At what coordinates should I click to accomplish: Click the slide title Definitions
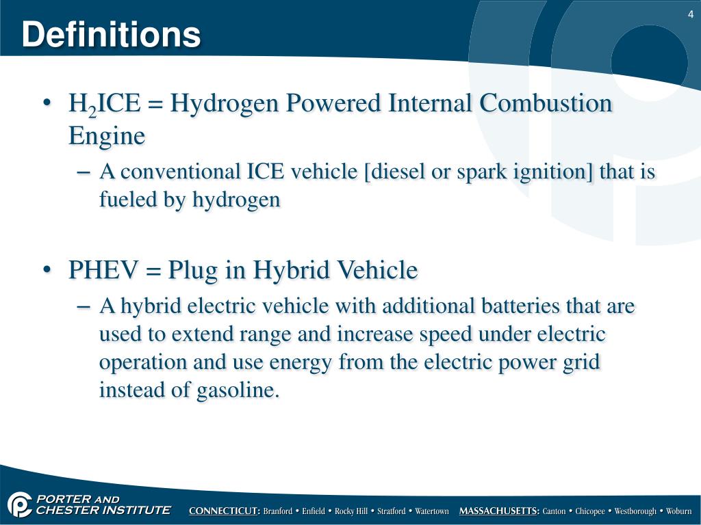click(x=111, y=34)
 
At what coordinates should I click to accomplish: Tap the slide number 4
click(x=690, y=15)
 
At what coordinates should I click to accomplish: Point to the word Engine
click(x=107, y=135)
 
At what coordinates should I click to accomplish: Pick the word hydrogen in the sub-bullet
click(x=237, y=200)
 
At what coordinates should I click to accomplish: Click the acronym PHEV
click(x=103, y=270)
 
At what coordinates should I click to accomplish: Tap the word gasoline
click(x=235, y=390)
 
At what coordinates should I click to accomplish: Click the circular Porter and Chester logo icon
click(x=20, y=505)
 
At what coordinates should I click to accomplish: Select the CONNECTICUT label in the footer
click(x=225, y=511)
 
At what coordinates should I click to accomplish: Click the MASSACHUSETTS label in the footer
click(x=499, y=511)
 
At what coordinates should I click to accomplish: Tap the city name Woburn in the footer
click(x=679, y=511)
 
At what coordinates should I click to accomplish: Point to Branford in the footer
click(x=278, y=511)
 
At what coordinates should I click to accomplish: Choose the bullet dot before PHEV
click(x=47, y=270)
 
